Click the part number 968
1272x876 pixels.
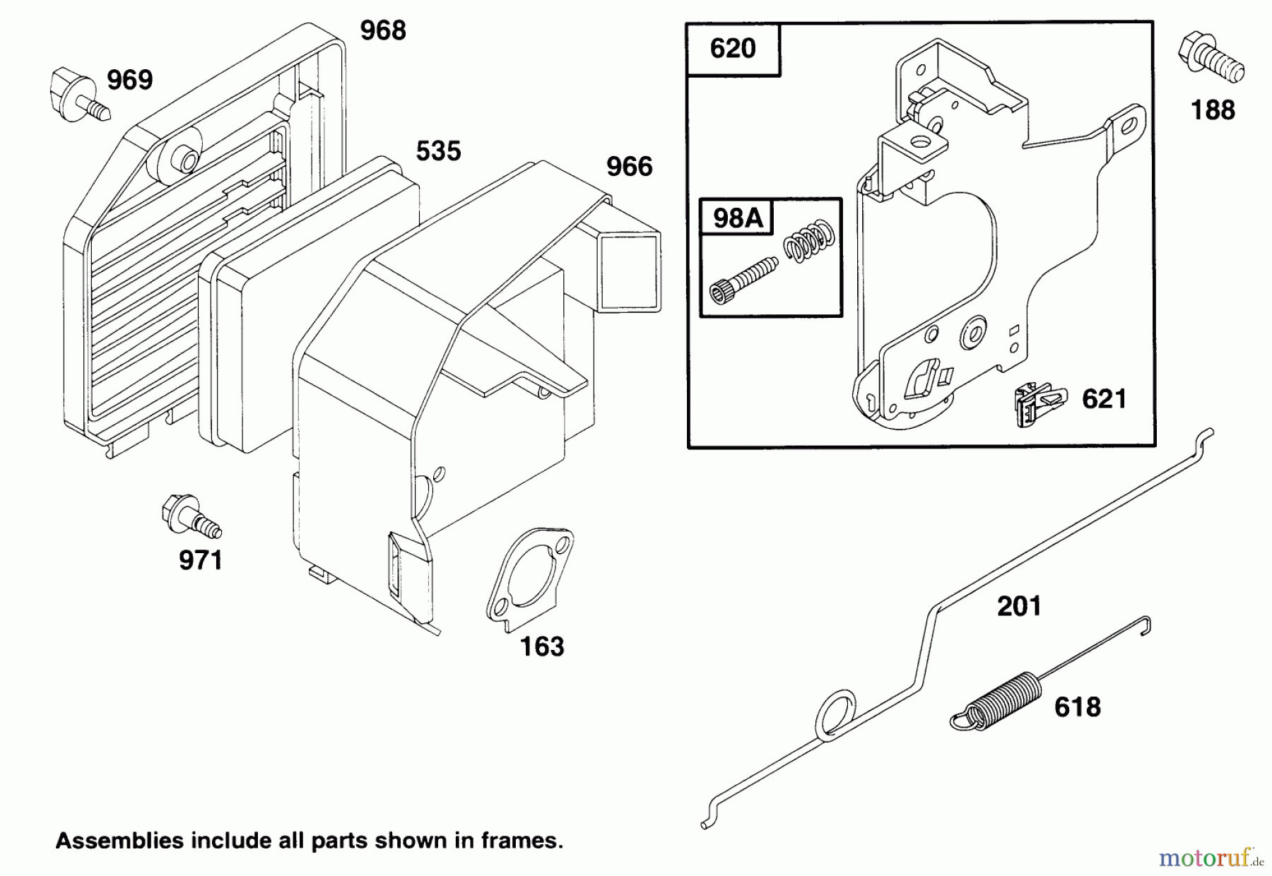pos(383,31)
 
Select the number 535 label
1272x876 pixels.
pos(438,151)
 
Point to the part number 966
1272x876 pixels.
pos(630,167)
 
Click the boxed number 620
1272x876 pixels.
pos(733,49)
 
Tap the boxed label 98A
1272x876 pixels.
pos(738,218)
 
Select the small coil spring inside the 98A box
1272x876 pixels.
pos(810,242)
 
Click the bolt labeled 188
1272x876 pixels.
pos(1210,59)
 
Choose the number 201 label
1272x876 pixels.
pos(1019,606)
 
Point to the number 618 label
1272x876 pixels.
pos(1078,707)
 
